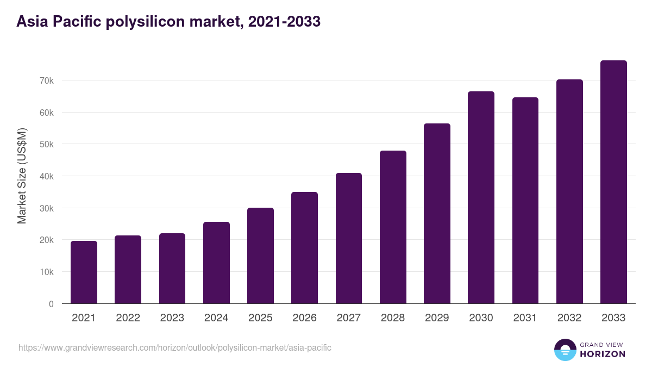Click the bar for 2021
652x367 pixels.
(x=84, y=272)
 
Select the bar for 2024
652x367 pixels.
(x=216, y=263)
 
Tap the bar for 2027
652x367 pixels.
(x=349, y=238)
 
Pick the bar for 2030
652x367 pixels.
(x=481, y=197)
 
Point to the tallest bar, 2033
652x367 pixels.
(x=613, y=182)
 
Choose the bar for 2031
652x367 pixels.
(x=525, y=201)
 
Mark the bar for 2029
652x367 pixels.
(x=437, y=214)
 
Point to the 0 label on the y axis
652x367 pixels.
(x=51, y=304)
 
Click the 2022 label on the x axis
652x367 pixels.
(x=128, y=318)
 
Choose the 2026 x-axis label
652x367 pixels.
(x=304, y=318)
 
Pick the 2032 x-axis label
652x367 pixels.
(x=569, y=318)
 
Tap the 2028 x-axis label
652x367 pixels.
(x=393, y=318)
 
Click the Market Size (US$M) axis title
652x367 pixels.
(x=22, y=176)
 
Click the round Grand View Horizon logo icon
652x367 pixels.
(x=565, y=350)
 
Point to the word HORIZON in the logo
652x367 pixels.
(x=603, y=354)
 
